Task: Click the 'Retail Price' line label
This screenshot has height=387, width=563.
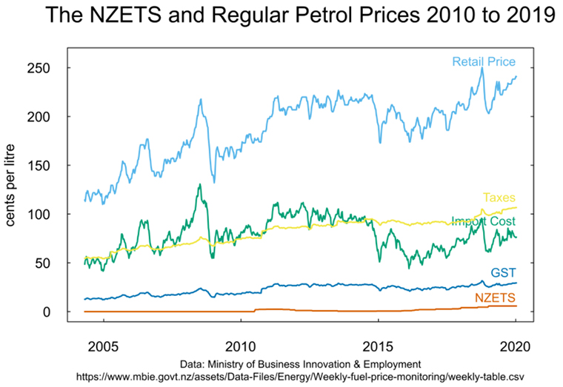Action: point(484,61)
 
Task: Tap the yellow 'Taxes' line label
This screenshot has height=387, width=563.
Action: point(499,198)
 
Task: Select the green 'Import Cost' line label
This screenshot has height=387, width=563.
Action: point(484,221)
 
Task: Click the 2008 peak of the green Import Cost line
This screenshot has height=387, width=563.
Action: point(199,185)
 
